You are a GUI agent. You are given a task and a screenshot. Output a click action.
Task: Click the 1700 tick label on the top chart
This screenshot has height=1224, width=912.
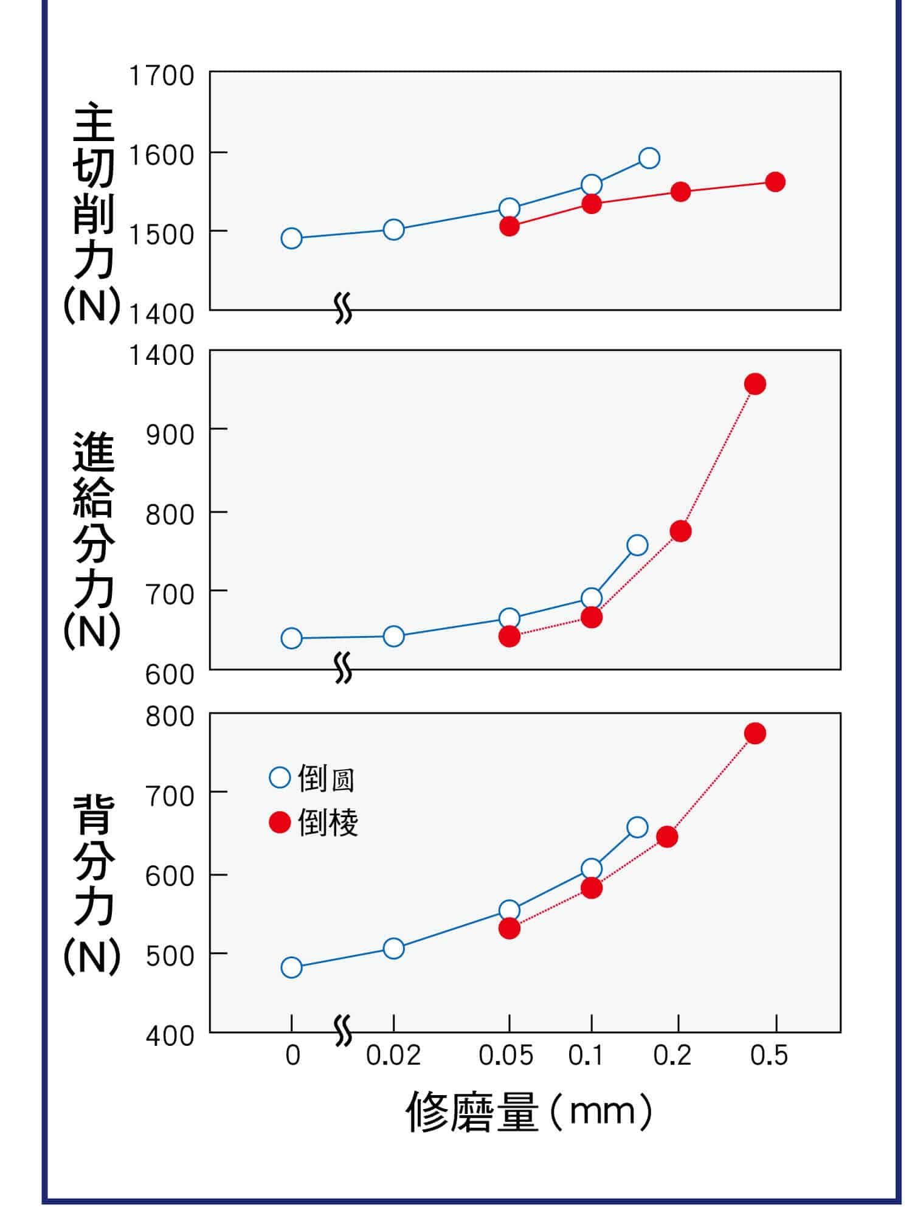tap(162, 76)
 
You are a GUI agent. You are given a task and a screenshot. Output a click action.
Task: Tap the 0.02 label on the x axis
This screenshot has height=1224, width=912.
tap(393, 1056)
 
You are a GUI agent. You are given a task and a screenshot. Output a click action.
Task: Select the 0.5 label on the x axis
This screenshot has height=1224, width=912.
tap(769, 1056)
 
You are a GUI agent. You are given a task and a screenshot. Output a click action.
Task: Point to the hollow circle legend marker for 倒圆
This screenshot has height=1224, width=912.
tap(280, 778)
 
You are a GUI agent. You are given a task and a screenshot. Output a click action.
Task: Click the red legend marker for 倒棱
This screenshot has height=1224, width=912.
tap(280, 823)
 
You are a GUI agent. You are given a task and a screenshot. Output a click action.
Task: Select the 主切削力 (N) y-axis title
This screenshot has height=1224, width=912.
tap(93, 213)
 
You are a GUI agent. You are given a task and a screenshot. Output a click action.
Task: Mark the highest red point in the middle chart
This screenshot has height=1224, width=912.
tap(755, 384)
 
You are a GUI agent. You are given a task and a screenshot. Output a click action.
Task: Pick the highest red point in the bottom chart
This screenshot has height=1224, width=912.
tap(755, 733)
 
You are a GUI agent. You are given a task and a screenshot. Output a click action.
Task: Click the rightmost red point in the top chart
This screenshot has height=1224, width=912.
tap(775, 181)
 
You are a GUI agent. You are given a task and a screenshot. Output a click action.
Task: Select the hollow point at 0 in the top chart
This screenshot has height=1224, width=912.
tap(292, 238)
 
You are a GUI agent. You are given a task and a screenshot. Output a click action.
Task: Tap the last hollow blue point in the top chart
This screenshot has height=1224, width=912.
tap(649, 158)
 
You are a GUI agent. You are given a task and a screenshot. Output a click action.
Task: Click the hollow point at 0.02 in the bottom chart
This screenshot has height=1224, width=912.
tap(394, 948)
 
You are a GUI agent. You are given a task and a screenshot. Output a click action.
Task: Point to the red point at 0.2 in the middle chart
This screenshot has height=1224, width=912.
tap(681, 531)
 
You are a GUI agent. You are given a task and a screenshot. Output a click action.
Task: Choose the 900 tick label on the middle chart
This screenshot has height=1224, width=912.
tap(170, 435)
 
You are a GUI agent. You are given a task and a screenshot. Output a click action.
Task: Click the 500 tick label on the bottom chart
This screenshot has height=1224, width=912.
tap(170, 956)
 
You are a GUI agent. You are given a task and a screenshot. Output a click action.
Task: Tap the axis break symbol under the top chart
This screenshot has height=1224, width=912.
tap(344, 309)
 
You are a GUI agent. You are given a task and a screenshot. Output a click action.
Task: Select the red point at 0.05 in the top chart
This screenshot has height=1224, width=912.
tap(510, 226)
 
